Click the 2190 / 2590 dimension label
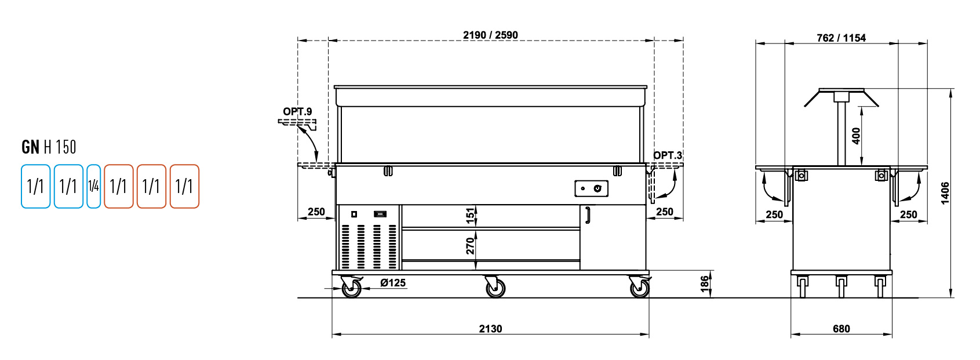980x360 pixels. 490,35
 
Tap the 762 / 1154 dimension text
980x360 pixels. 841,38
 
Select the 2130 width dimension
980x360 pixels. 490,329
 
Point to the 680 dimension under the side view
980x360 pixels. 841,329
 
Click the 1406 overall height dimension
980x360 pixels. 945,193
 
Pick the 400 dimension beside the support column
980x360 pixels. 856,136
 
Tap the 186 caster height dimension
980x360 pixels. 705,284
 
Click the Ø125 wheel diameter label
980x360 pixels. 393,282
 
